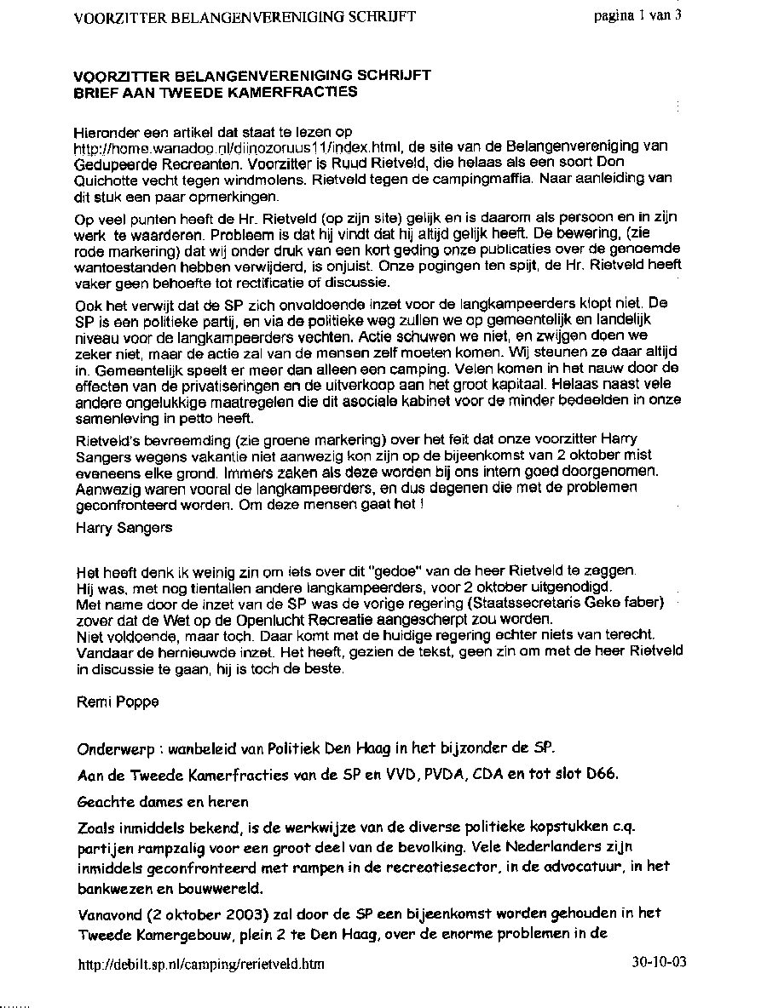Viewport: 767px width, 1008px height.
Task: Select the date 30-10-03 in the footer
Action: click(659, 963)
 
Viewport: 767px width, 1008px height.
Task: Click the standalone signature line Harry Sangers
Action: click(124, 527)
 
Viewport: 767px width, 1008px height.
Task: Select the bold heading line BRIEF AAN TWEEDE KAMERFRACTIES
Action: click(215, 90)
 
